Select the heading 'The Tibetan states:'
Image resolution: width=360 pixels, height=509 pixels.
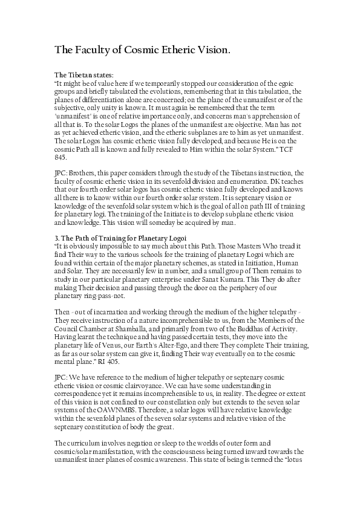point(80,74)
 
